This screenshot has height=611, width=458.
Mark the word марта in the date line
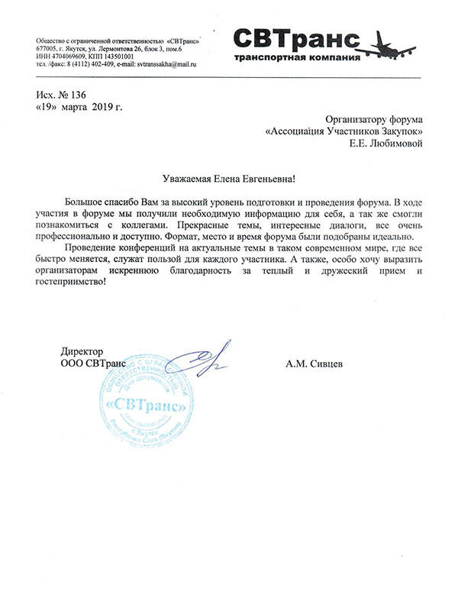[79, 107]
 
